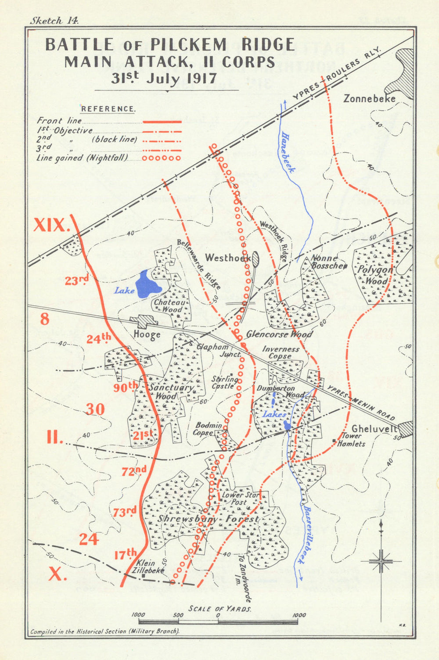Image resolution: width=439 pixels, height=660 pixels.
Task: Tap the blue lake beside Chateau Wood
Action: (x=146, y=285)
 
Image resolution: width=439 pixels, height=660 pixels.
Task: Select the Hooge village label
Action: (x=147, y=335)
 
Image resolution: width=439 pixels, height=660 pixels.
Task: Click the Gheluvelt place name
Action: (x=374, y=429)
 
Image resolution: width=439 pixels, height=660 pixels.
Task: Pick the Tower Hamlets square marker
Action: (x=335, y=440)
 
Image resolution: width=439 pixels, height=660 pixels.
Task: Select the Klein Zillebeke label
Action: (x=150, y=567)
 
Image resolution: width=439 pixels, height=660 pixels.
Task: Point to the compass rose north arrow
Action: (x=381, y=527)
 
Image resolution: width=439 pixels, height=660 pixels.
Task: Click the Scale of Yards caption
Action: (x=220, y=609)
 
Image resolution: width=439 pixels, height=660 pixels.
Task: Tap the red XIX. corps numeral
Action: (x=52, y=225)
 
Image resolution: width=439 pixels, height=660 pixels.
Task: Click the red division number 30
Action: (x=95, y=409)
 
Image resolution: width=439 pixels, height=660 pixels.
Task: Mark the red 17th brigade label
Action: (x=125, y=554)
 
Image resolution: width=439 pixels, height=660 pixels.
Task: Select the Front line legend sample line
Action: (x=162, y=121)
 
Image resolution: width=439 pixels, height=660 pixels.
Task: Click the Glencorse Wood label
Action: (x=279, y=334)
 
